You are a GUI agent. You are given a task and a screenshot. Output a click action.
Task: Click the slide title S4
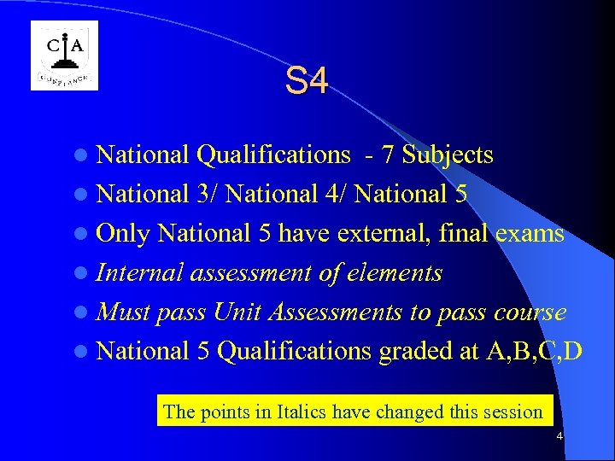point(307,82)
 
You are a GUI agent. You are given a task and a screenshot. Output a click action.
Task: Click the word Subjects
point(448,155)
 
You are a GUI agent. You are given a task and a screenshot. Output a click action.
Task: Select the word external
point(382,234)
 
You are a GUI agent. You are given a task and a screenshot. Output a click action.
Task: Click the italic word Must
point(124,312)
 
